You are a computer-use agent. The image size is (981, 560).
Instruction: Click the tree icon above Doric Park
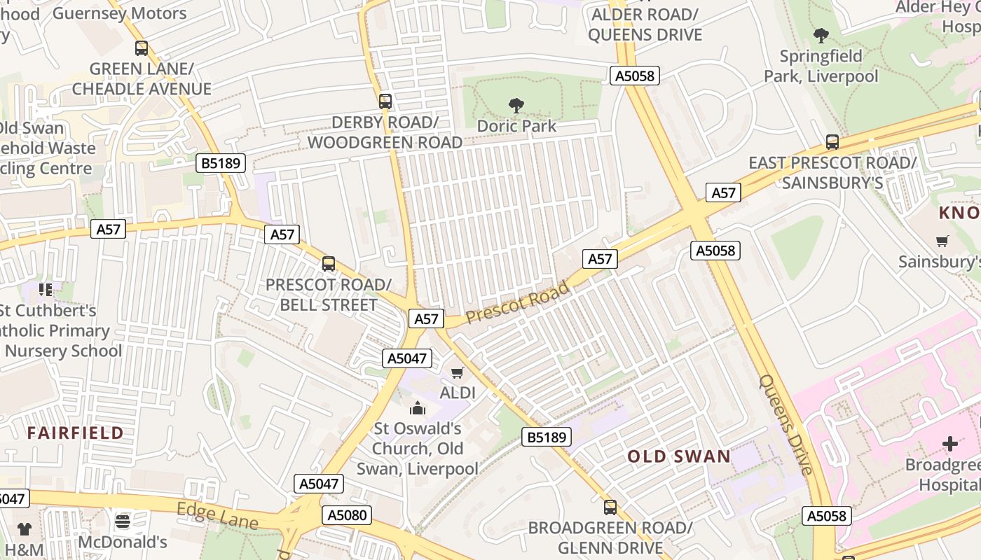coord(516,106)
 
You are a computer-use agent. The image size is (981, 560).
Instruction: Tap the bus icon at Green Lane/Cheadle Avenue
coord(142,48)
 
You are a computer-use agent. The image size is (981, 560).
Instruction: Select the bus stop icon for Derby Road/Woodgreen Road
coord(385,101)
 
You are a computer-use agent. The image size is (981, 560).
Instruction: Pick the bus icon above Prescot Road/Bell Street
coord(329,264)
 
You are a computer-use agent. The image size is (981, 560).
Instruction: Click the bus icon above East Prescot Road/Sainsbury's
coord(832,142)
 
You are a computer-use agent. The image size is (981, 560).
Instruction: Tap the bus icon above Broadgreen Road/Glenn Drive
coord(610,507)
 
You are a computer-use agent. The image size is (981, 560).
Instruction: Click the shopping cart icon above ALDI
coord(458,372)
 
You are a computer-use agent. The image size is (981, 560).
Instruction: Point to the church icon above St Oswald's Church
coord(418,407)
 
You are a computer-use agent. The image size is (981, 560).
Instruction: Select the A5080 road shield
coord(348,516)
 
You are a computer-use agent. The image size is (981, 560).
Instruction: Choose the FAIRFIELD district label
coord(75,433)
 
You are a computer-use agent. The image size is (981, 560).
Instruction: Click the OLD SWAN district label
coord(679,457)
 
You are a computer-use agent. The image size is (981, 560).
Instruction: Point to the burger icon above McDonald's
coord(123,521)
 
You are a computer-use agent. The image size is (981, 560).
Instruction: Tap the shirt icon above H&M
coord(25,528)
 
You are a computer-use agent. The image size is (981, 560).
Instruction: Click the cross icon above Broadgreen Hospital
coord(949,444)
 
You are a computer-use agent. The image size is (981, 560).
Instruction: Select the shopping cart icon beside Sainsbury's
coord(942,241)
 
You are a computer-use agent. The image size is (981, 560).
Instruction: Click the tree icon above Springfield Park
coord(821,35)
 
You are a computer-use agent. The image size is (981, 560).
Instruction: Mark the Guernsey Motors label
coord(120,13)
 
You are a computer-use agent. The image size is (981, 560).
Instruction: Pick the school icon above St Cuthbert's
coord(46,289)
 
